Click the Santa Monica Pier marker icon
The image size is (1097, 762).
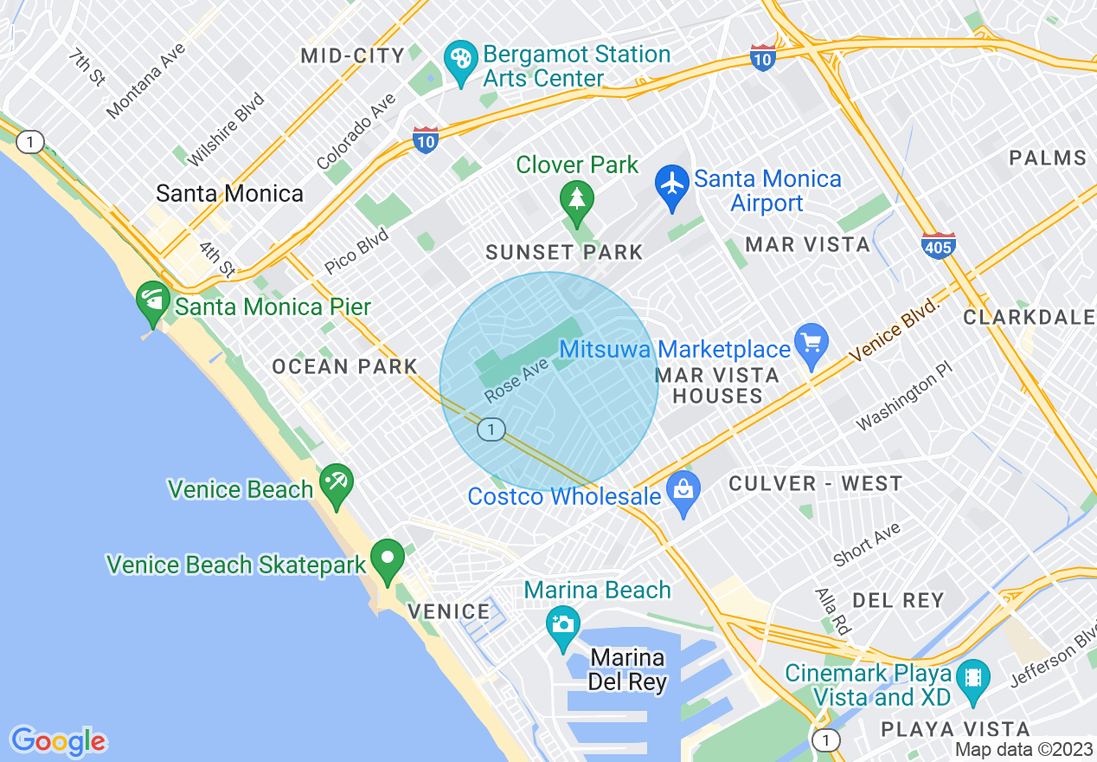pos(153,302)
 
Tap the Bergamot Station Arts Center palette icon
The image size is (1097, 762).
pos(460,60)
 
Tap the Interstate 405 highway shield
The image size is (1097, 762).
pos(939,245)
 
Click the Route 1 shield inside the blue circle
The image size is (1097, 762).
pos(491,429)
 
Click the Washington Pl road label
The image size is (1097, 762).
pos(904,403)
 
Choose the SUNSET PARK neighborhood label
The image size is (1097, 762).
pos(564,253)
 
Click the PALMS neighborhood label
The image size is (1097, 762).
pos(1048,158)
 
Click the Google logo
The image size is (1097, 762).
pos(58,740)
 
